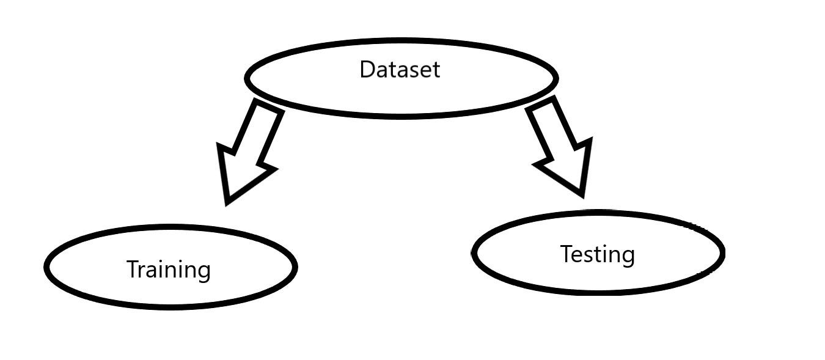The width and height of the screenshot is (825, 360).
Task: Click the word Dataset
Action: click(x=399, y=70)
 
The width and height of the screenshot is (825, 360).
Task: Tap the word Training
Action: click(x=168, y=270)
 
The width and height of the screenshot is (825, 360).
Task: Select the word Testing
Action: click(x=597, y=254)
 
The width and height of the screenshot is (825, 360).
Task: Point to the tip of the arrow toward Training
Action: click(x=228, y=201)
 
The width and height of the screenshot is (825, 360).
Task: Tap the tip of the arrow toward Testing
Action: click(x=583, y=194)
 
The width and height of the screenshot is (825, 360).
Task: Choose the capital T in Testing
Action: click(x=566, y=254)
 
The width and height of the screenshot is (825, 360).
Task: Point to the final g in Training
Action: click(x=204, y=272)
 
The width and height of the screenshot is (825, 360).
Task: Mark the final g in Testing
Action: click(x=628, y=257)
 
